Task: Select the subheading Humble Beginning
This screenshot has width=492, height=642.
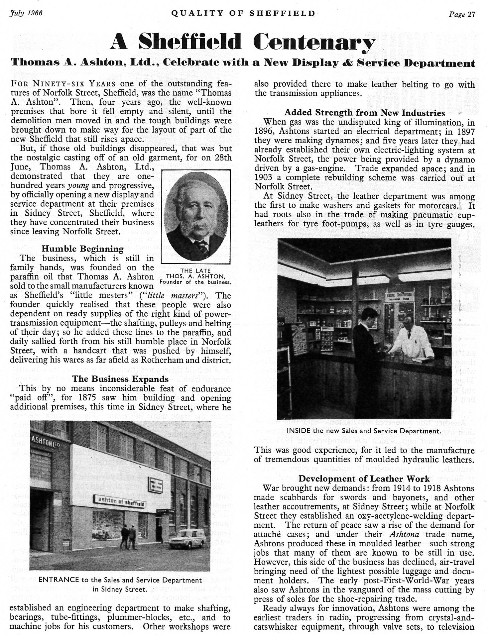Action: click(82, 249)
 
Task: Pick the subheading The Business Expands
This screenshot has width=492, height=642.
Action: click(120, 379)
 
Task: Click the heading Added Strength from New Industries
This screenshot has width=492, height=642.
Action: click(365, 113)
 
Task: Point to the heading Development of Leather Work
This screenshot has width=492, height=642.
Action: click(364, 479)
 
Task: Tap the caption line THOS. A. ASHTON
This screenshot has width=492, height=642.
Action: click(195, 276)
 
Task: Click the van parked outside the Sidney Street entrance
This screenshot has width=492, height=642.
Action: click(187, 537)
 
